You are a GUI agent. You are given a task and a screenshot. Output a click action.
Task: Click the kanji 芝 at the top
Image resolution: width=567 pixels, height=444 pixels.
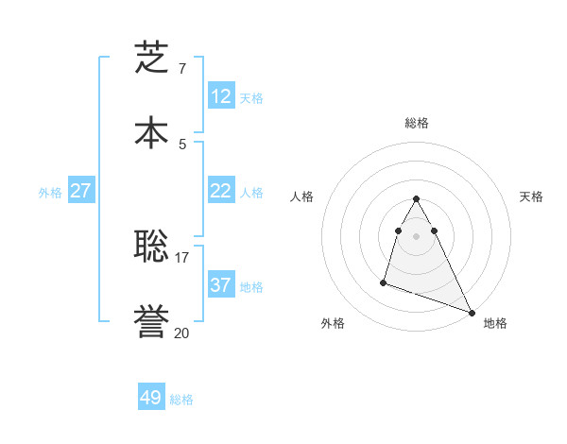pyautogui.click(x=151, y=58)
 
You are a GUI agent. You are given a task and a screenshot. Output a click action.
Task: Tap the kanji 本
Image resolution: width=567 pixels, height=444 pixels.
pyautogui.click(x=151, y=131)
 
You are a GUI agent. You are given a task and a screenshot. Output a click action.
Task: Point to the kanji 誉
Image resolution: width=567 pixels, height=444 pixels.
pyautogui.click(x=151, y=321)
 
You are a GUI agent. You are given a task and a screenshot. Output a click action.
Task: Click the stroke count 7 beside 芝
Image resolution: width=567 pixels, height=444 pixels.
pyautogui.click(x=182, y=69)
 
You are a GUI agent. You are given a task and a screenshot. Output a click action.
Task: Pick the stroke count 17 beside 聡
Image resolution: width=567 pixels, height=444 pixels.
pyautogui.click(x=182, y=257)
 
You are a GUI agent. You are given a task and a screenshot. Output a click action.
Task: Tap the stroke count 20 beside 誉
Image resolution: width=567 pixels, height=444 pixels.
pyautogui.click(x=182, y=333)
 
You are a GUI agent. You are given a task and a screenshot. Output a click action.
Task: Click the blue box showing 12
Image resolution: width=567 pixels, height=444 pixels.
pyautogui.click(x=221, y=96)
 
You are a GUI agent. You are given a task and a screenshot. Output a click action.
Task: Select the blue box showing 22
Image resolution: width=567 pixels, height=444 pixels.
pyautogui.click(x=221, y=191)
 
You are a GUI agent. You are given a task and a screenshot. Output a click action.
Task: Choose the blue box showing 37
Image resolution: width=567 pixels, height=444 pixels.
pyautogui.click(x=221, y=285)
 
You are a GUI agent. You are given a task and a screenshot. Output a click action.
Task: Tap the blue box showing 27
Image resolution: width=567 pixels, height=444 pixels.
pyautogui.click(x=80, y=191)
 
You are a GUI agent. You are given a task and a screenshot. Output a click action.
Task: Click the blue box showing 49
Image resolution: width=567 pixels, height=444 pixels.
pyautogui.click(x=151, y=398)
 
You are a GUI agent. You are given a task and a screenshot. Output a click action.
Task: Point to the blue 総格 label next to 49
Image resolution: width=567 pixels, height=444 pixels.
pyautogui.click(x=181, y=400)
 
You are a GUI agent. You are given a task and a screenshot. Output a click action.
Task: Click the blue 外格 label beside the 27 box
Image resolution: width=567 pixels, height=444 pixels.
pyautogui.click(x=50, y=193)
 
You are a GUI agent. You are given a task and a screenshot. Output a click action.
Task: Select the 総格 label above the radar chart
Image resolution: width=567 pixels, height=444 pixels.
pyautogui.click(x=417, y=123)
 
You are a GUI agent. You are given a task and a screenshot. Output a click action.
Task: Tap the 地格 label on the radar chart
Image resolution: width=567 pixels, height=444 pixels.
pyautogui.click(x=495, y=323)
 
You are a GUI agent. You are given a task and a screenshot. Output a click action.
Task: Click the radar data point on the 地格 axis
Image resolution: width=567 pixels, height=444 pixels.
pyautogui.click(x=472, y=313)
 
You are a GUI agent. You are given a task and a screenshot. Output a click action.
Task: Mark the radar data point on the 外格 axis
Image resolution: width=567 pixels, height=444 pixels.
pyautogui.click(x=384, y=282)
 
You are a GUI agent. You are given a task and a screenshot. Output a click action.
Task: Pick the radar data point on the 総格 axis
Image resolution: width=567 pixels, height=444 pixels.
pyautogui.click(x=417, y=198)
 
